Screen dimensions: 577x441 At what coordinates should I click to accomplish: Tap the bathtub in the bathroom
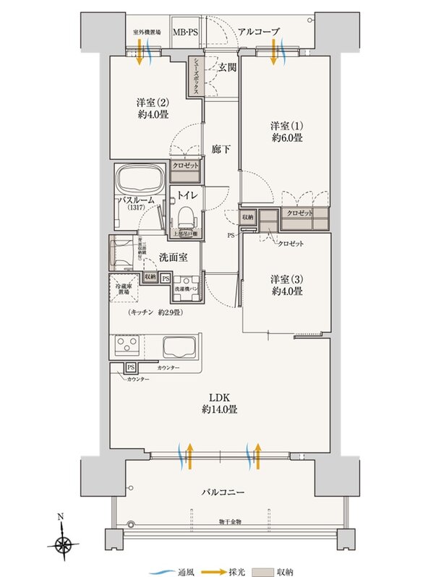click(140, 179)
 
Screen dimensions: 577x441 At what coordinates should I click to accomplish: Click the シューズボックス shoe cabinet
click(195, 77)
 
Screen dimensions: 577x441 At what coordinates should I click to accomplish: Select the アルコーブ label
click(260, 33)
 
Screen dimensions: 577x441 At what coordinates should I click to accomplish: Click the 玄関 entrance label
click(227, 68)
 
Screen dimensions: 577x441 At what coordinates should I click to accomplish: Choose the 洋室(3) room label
click(286, 284)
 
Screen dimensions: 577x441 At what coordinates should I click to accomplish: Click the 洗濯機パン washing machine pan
click(186, 288)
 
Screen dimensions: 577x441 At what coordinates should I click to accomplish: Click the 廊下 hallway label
click(220, 150)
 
